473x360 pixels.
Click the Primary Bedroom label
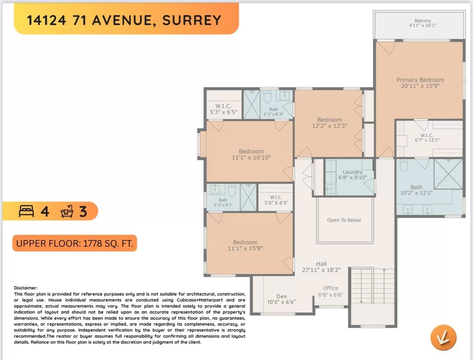tap(420, 80)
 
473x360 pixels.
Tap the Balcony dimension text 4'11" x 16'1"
tap(422, 25)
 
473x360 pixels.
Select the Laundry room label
tap(353, 172)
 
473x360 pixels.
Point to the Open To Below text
tap(344, 220)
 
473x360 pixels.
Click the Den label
tap(281, 296)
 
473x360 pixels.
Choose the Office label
tap(330, 288)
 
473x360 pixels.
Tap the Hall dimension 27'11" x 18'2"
tap(321, 270)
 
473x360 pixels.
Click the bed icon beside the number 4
tap(26, 211)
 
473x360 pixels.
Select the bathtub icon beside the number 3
tap(67, 211)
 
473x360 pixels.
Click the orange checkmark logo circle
tap(443, 337)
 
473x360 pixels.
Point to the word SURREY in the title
tap(192, 20)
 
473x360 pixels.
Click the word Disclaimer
tap(26, 288)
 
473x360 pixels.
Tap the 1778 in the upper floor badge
tap(92, 244)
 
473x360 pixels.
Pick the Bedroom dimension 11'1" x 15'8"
tap(245, 248)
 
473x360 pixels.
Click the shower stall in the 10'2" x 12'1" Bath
tap(448, 174)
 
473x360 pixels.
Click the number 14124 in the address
tap(46, 20)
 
